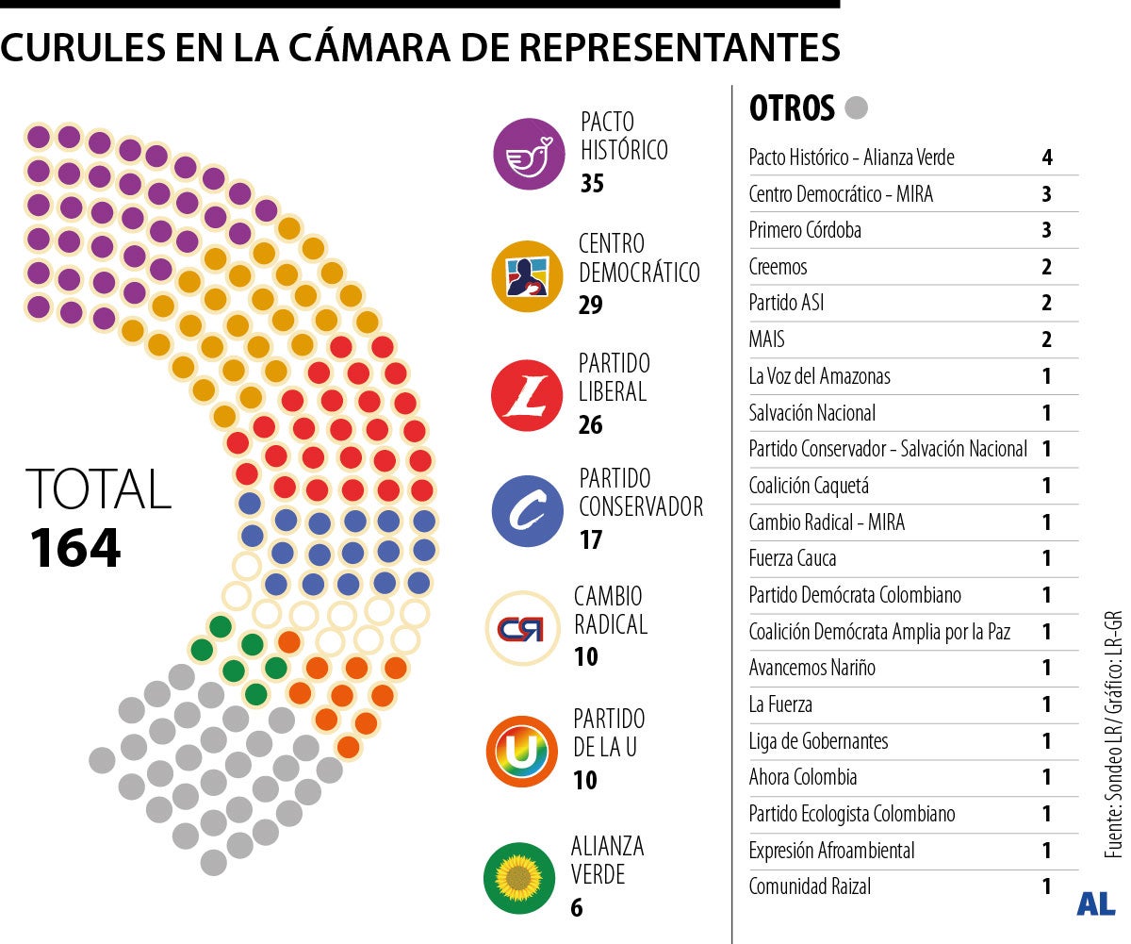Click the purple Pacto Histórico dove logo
(530, 154)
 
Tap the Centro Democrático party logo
(528, 275)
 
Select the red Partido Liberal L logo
(527, 395)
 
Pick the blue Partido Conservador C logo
(528, 511)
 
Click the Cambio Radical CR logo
(521, 629)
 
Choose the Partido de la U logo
(521, 752)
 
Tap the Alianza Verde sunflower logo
(518, 878)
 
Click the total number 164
(75, 549)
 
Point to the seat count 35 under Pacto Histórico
(592, 183)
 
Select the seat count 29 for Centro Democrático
(590, 305)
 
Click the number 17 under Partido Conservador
(590, 540)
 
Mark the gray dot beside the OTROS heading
(857, 108)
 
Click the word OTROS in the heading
(792, 109)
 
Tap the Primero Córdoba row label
(805, 230)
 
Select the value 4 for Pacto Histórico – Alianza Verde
(1047, 157)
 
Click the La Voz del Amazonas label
(819, 376)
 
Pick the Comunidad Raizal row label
(810, 886)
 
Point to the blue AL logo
(1096, 904)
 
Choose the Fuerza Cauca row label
(793, 558)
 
